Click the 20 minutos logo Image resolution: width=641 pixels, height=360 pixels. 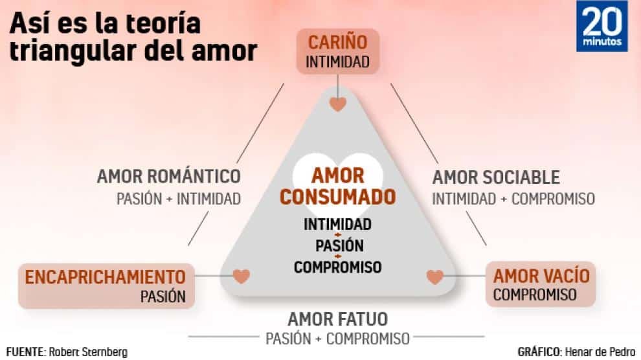[x=602, y=26]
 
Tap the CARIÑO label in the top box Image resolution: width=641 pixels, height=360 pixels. [x=337, y=43]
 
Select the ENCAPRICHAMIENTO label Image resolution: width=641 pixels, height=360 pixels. [x=105, y=277]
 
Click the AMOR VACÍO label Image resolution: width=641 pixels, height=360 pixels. [x=541, y=276]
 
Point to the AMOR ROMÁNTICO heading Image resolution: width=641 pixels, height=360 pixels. [x=168, y=176]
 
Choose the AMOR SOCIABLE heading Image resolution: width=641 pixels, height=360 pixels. [x=496, y=177]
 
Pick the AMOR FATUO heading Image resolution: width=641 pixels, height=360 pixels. [x=337, y=319]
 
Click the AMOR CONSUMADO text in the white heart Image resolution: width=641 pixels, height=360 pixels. [x=337, y=186]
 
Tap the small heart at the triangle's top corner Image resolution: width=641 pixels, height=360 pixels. [x=337, y=104]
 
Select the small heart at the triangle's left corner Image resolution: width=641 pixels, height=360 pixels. [x=242, y=276]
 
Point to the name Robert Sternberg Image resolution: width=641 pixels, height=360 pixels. [x=88, y=352]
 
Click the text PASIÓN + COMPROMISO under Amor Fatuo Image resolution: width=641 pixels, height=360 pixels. [x=337, y=338]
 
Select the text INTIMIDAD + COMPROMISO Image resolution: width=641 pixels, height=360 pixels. [x=513, y=198]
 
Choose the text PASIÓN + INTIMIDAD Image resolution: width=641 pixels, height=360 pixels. [x=179, y=198]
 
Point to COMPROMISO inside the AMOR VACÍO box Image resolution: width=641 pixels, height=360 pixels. [x=535, y=295]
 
